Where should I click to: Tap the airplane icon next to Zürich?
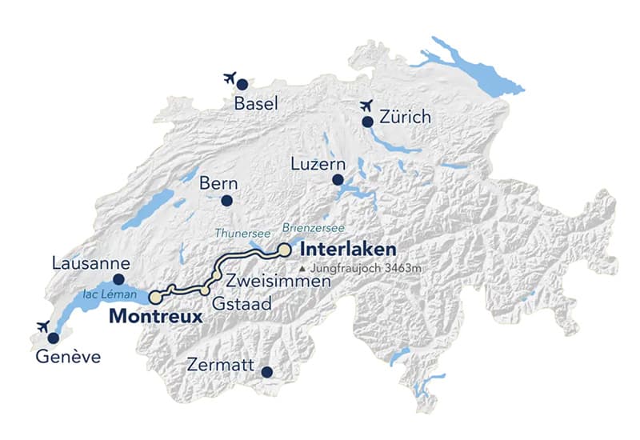coord(367,105)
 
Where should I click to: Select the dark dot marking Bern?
coord(227,201)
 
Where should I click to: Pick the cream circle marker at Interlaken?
coord(284,250)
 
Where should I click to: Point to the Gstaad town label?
coord(242,304)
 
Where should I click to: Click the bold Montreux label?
coord(154,316)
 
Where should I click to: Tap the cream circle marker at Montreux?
coord(155,296)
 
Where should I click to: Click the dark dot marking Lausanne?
coord(119,279)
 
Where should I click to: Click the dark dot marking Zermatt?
coord(266,372)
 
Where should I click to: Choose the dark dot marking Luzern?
coord(338,180)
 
